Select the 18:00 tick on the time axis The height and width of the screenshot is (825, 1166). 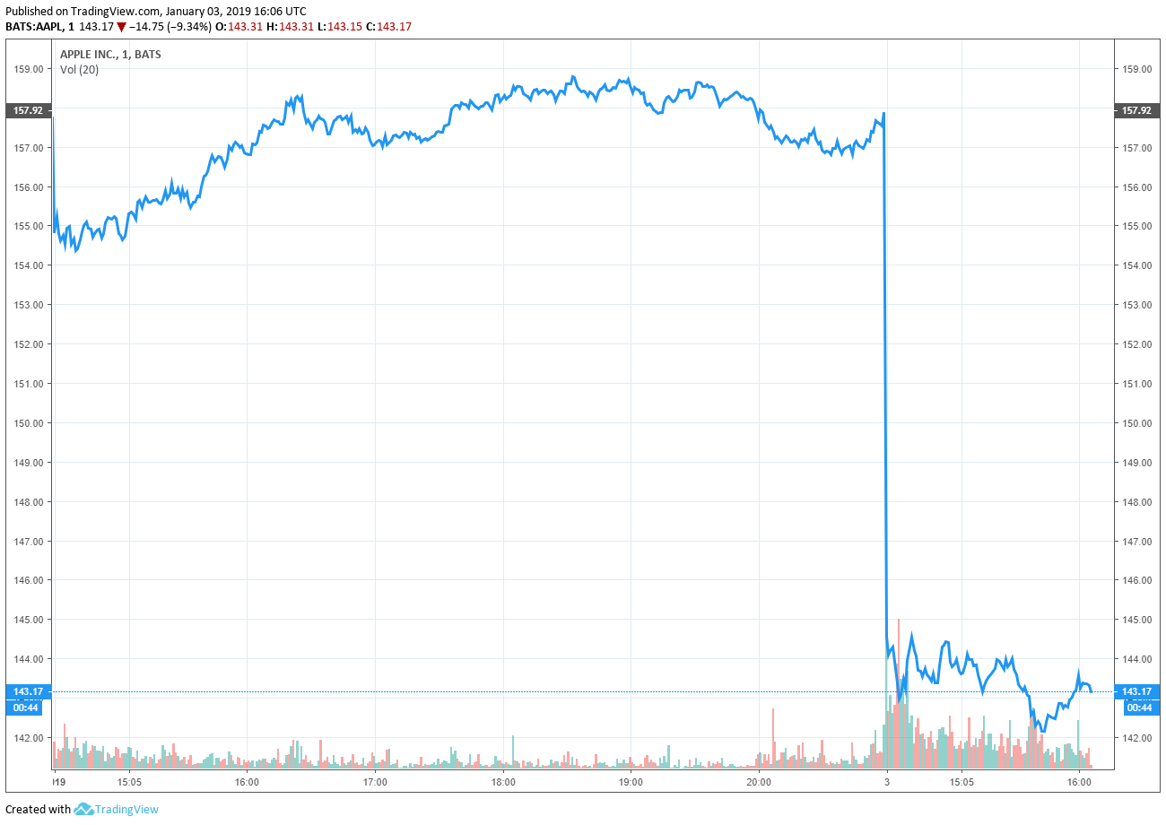pos(503,782)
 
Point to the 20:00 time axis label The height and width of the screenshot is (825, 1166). pos(759,782)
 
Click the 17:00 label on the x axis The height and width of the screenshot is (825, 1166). pos(375,782)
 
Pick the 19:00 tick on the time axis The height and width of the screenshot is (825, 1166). pos(631,782)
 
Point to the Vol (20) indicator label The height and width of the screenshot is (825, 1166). pos(79,69)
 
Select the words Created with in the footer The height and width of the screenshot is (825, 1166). pos(38,810)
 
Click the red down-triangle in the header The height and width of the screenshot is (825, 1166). pos(122,27)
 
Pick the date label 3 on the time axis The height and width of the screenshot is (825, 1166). pos(887,782)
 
